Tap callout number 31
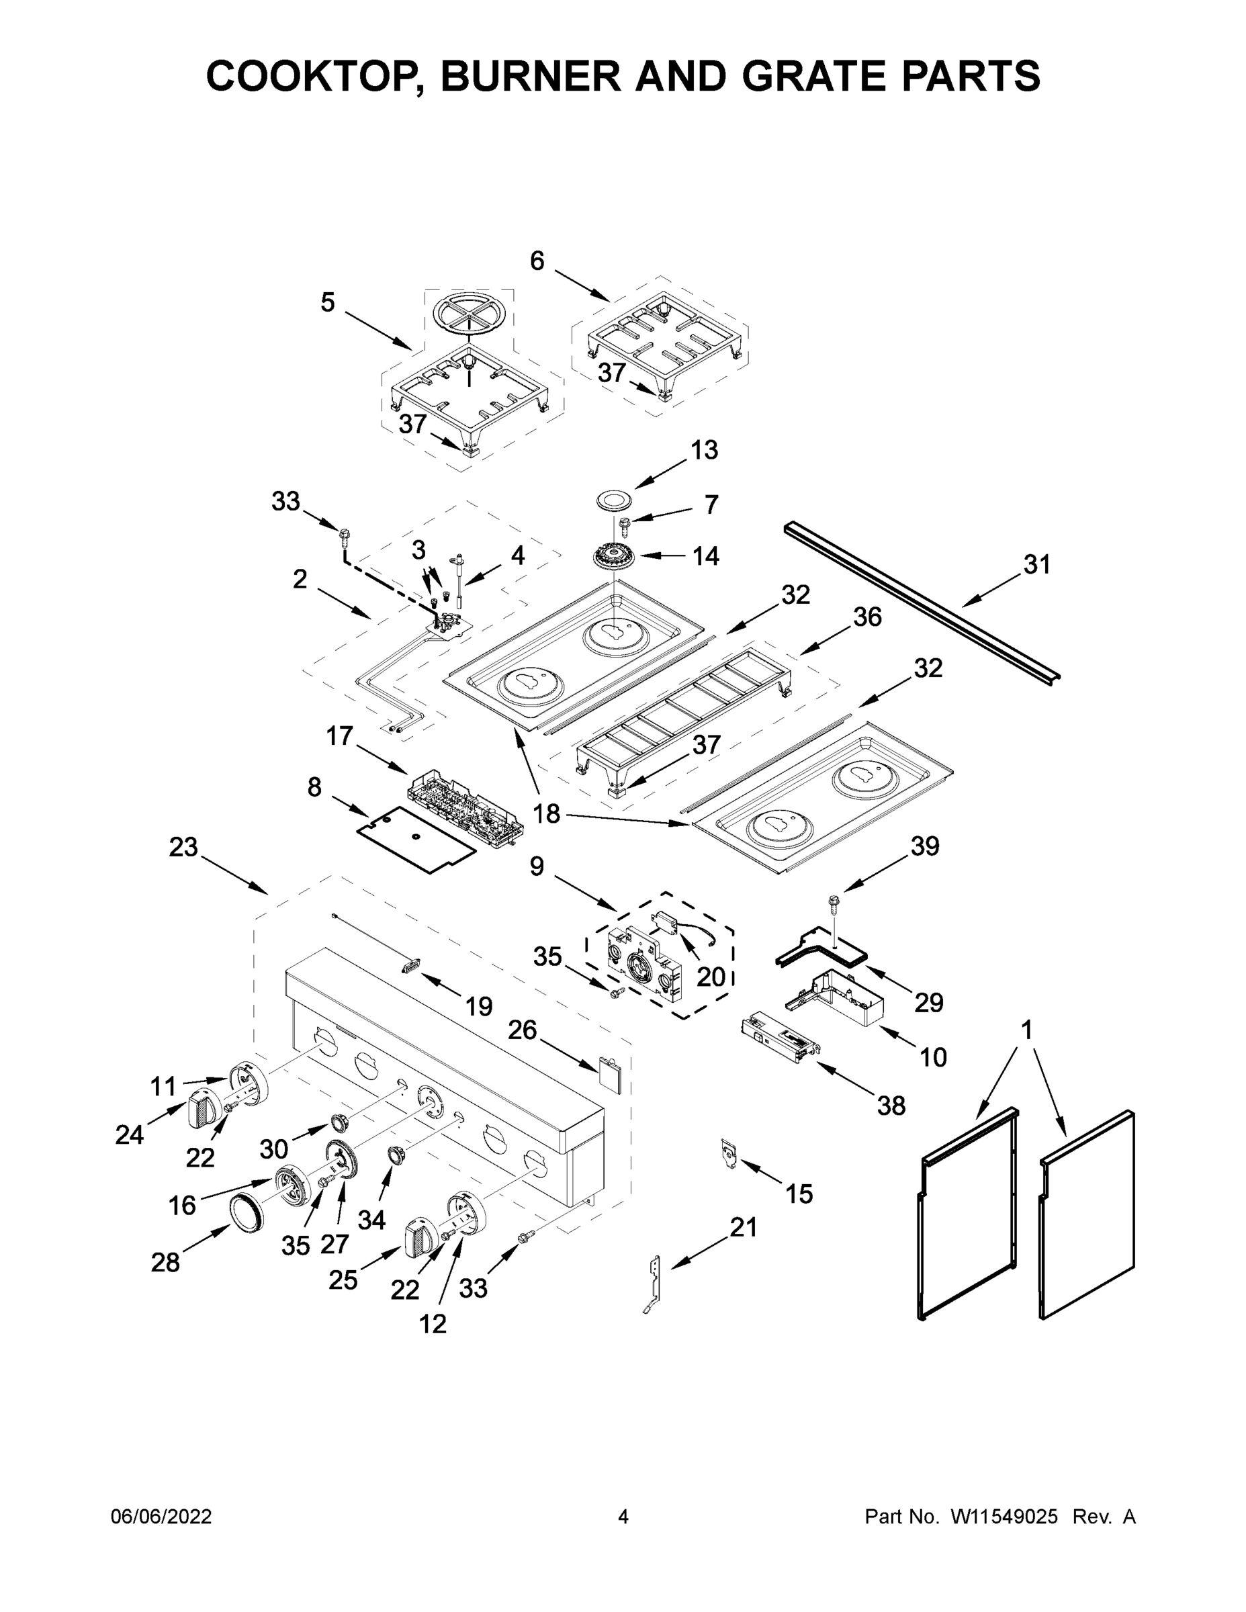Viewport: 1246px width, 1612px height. [x=1036, y=565]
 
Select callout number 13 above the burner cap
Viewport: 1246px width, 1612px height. [x=703, y=449]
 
